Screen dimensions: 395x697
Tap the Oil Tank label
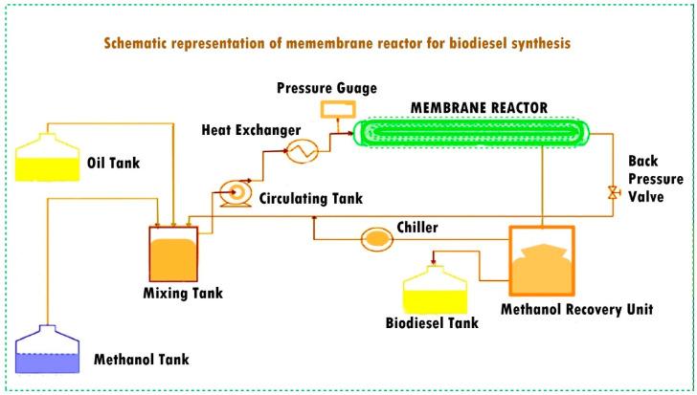[113, 163]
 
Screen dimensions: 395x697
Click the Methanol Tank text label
[141, 361]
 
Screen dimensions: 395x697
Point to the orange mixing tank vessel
[173, 253]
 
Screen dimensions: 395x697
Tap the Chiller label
[417, 228]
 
